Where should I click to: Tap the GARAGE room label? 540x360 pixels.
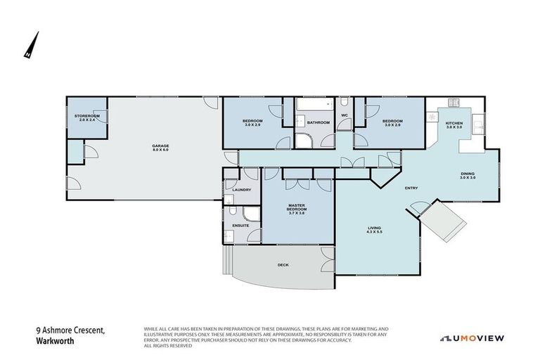click(x=160, y=148)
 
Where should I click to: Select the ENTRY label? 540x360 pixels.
click(x=411, y=188)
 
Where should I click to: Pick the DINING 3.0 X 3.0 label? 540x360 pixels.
click(x=468, y=176)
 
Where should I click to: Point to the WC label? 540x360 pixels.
click(x=345, y=115)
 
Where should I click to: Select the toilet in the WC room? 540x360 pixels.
click(x=345, y=103)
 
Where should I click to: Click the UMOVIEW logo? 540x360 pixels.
click(x=472, y=337)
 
